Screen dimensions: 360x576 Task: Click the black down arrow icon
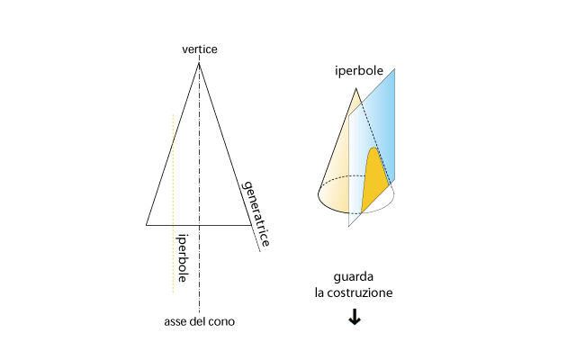pyautogui.click(x=355, y=317)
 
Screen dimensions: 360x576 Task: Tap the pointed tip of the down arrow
pyautogui.click(x=355, y=325)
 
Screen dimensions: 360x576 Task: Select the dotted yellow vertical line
pyautogui.click(x=173, y=203)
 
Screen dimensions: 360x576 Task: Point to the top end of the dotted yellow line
pyautogui.click(x=173, y=115)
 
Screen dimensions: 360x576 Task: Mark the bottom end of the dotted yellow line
pyautogui.click(x=173, y=292)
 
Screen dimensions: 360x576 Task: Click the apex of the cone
pyautogui.click(x=357, y=90)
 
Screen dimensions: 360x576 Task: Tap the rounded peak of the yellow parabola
pyautogui.click(x=372, y=148)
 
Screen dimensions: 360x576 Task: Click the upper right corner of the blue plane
pyautogui.click(x=394, y=70)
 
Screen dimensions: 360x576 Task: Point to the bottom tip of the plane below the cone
pyautogui.click(x=349, y=225)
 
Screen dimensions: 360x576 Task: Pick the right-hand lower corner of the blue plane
pyautogui.click(x=394, y=181)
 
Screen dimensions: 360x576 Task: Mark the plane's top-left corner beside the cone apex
pyautogui.click(x=349, y=116)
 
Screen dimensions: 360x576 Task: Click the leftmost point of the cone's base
pyautogui.click(x=319, y=192)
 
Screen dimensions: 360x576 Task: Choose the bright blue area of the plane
pyautogui.click(x=382, y=117)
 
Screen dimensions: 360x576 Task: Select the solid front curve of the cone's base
pyautogui.click(x=331, y=207)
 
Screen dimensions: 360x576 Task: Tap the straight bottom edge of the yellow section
pyautogui.click(x=376, y=199)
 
